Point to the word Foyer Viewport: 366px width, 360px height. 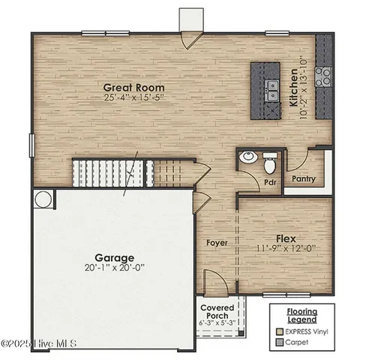pos(217,243)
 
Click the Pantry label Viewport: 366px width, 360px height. pos(304,179)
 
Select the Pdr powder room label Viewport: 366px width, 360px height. pos(270,181)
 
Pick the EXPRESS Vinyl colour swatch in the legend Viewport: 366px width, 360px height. pos(280,331)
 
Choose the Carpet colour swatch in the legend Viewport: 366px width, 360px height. pos(280,342)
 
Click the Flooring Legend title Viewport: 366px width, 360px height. pos(301,314)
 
